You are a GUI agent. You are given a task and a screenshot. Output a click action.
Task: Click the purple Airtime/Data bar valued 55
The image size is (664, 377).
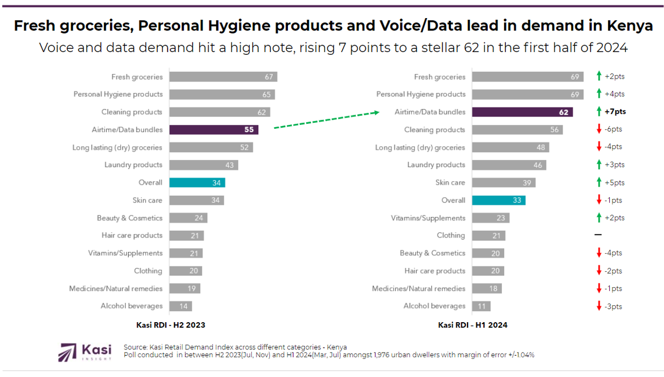tap(213, 129)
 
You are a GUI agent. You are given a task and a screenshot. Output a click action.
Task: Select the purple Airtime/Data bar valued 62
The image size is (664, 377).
tap(522, 112)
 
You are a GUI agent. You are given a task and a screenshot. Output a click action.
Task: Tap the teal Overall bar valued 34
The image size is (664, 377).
tap(197, 183)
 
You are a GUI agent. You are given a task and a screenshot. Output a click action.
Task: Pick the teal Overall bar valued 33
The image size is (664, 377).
tap(499, 200)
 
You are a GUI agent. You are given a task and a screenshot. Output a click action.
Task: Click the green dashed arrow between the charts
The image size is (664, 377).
tap(326, 120)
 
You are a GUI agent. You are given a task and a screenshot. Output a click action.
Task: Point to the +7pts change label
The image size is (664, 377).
tap(615, 112)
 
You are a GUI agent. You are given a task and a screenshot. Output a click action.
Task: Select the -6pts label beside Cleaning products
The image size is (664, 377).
tap(613, 129)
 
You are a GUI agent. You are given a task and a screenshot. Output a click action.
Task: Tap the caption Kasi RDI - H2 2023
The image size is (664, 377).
tap(171, 325)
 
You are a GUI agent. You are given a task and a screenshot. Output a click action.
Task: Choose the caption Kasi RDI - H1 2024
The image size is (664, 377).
tap(473, 325)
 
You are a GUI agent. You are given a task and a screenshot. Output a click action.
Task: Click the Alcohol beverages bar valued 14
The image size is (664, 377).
tap(181, 306)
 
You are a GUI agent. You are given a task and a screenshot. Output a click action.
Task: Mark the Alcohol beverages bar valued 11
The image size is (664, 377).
tap(481, 306)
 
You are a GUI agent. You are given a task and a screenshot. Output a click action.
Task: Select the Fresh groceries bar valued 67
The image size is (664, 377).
tap(223, 77)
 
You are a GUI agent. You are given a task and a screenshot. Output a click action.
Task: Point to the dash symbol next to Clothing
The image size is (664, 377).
tap(599, 235)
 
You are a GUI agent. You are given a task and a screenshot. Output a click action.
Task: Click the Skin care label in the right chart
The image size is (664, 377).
tap(450, 183)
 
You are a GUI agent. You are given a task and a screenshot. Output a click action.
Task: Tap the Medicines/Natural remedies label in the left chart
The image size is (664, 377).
tap(116, 288)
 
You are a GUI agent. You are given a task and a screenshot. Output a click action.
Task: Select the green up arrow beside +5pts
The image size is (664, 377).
tap(599, 183)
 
